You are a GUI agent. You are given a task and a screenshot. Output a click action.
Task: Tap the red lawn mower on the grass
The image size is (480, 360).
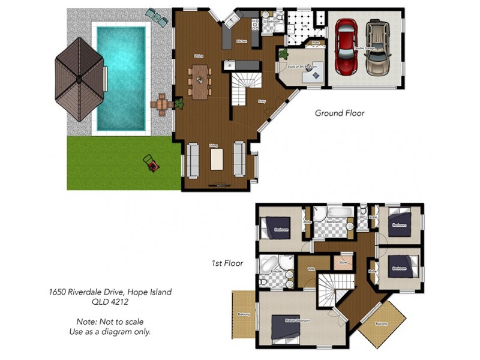click(151, 163)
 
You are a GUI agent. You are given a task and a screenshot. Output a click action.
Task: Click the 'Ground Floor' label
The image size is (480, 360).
click(340, 113)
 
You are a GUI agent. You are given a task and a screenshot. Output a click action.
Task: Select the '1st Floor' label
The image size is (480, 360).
click(226, 263)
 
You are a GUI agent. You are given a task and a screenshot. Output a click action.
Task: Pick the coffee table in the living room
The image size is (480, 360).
click(217, 159)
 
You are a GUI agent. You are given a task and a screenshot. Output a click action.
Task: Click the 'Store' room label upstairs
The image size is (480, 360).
click(343, 262)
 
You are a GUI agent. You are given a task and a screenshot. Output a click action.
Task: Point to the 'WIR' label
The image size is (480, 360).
click(311, 269)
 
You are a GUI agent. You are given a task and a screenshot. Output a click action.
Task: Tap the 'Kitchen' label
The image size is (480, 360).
click(242, 41)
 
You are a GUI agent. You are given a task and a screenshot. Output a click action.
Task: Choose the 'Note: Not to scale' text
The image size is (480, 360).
click(110, 322)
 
